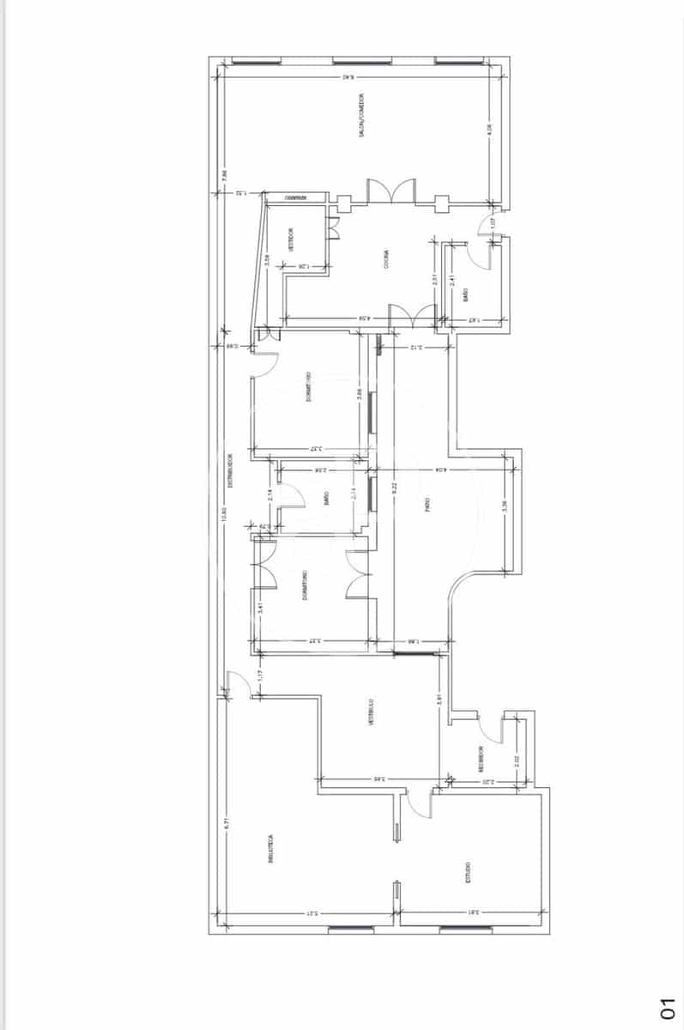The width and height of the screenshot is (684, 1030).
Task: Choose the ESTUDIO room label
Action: (x=469, y=873)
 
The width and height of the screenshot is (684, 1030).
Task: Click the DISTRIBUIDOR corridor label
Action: (x=230, y=470)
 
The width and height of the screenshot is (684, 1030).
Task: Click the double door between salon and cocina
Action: (x=391, y=191)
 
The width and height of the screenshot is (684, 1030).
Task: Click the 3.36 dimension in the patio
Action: (x=505, y=506)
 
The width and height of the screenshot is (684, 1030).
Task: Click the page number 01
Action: (x=668, y=1009)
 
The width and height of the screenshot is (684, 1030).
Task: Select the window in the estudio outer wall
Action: (x=466, y=929)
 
